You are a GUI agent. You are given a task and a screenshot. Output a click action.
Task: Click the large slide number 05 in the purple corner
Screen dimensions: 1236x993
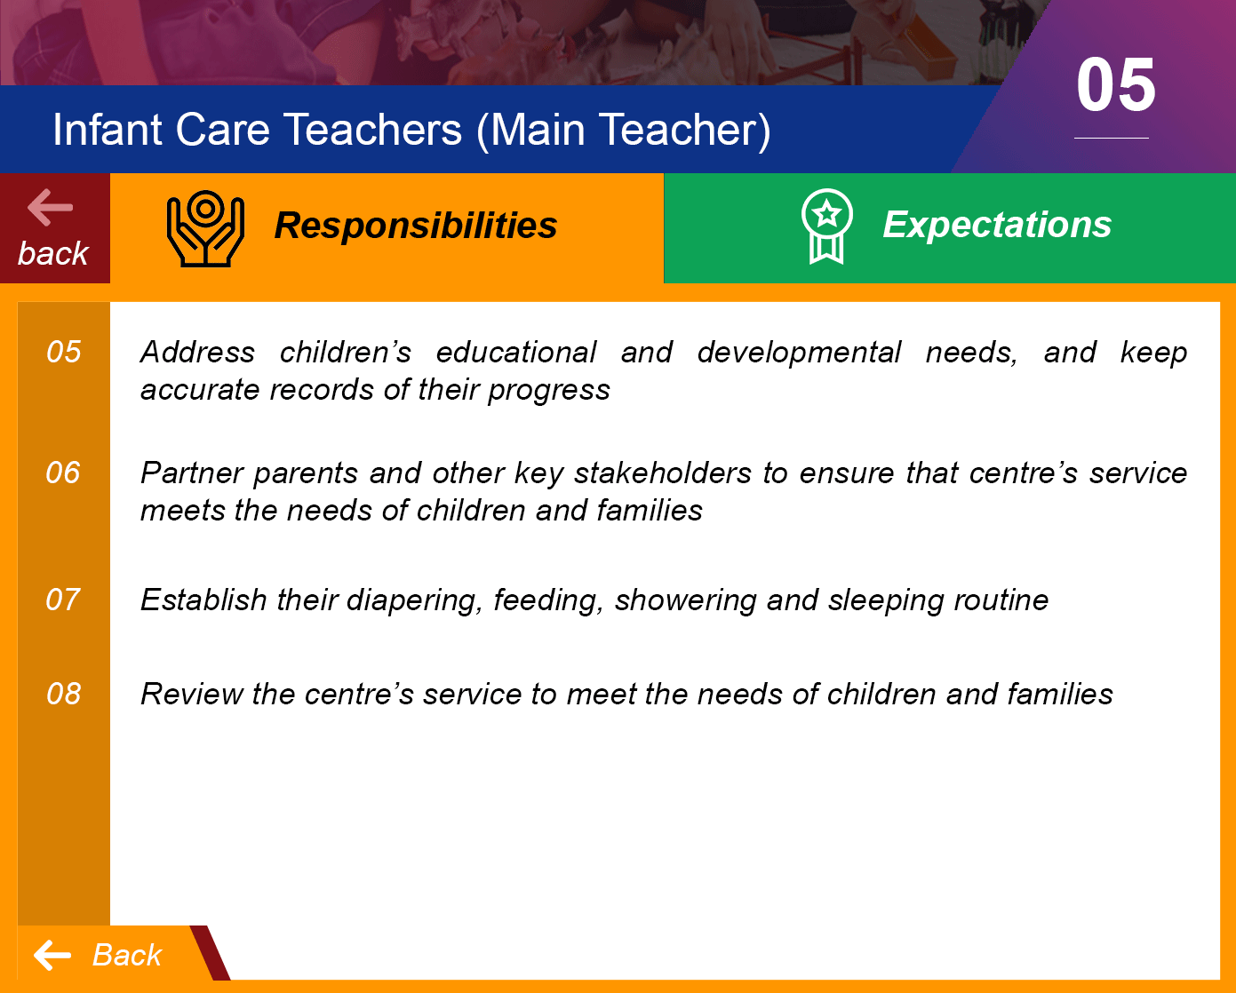click(x=1115, y=85)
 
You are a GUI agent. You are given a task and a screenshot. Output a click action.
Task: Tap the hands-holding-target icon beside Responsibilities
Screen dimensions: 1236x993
click(x=205, y=228)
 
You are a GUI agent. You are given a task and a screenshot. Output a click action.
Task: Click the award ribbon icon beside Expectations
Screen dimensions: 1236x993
click(x=826, y=226)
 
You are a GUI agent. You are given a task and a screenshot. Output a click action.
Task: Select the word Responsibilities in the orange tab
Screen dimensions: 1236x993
click(x=415, y=225)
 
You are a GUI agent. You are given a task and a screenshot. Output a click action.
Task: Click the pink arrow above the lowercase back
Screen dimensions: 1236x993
click(x=51, y=207)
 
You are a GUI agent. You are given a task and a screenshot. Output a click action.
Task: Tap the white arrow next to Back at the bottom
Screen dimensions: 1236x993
click(x=52, y=955)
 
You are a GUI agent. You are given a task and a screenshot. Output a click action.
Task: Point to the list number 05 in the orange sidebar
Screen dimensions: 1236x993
click(x=64, y=352)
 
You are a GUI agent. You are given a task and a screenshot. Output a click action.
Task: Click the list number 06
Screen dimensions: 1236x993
click(x=63, y=473)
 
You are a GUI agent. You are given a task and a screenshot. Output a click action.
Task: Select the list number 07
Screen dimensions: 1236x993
click(x=63, y=600)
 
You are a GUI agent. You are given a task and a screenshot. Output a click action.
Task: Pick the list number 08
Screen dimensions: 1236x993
click(x=64, y=694)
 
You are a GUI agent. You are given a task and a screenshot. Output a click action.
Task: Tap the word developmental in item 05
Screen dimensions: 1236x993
click(x=799, y=353)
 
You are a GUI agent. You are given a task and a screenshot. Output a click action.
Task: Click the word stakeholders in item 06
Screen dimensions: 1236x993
click(x=663, y=473)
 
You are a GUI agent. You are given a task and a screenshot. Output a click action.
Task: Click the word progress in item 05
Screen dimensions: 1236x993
click(x=549, y=391)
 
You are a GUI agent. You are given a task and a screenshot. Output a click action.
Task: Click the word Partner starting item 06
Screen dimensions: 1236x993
click(x=193, y=473)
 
